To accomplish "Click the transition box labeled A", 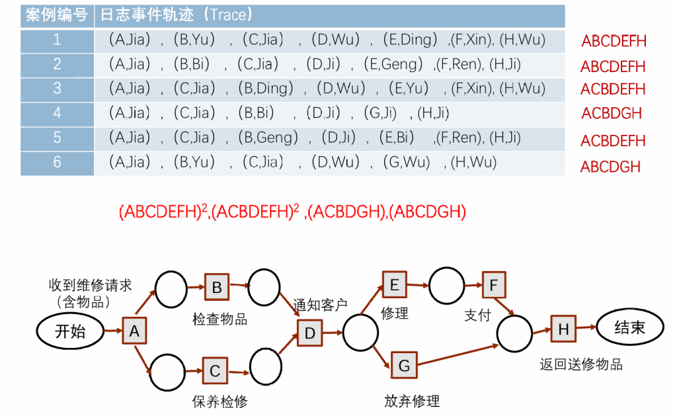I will coord(134,331).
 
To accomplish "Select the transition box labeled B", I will coord(216,287).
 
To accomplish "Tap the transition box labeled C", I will coord(215,371).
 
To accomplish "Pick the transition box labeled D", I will coord(309,333).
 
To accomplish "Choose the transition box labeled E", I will coord(395,284).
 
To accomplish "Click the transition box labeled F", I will coord(493,285).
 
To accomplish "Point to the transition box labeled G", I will coord(404,365).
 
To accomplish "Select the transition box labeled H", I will coord(563,329).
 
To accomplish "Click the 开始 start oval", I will coord(69,331).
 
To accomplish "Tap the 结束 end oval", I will coord(629,327).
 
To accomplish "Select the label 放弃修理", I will coord(412,401).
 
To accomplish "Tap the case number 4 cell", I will coord(57,112).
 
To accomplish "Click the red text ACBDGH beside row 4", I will coord(612,113).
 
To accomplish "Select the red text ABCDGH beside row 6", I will coord(610,167).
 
